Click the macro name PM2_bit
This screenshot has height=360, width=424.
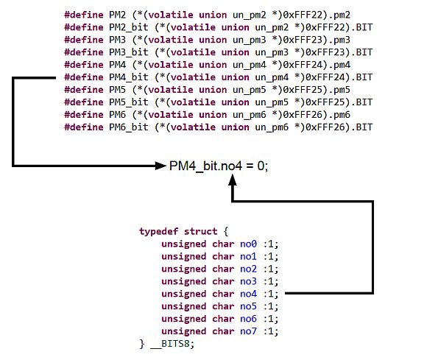click(129, 27)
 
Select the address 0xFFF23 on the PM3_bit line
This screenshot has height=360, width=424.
click(325, 52)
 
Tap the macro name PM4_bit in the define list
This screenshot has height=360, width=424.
click(129, 77)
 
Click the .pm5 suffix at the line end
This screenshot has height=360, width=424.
click(339, 90)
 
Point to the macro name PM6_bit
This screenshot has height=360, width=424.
click(129, 127)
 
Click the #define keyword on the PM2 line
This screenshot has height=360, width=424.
click(84, 15)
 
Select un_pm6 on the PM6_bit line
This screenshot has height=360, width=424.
click(272, 127)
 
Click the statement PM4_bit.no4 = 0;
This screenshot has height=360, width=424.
click(219, 166)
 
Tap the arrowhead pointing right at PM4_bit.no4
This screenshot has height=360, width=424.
click(160, 166)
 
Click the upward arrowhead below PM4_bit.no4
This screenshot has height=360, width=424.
click(233, 180)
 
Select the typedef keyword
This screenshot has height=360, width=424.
click(158, 231)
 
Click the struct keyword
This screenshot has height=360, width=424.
click(200, 231)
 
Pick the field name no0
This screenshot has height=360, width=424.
click(248, 244)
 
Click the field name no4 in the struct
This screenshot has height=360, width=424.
click(248, 294)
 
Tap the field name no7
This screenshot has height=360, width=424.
click(248, 331)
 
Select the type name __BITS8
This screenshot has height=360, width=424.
click(170, 344)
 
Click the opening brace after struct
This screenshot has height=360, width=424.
click(226, 231)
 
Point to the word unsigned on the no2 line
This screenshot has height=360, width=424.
click(183, 269)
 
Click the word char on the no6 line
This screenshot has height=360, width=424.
click(223, 319)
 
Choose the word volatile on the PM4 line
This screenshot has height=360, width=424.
click(171, 65)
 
